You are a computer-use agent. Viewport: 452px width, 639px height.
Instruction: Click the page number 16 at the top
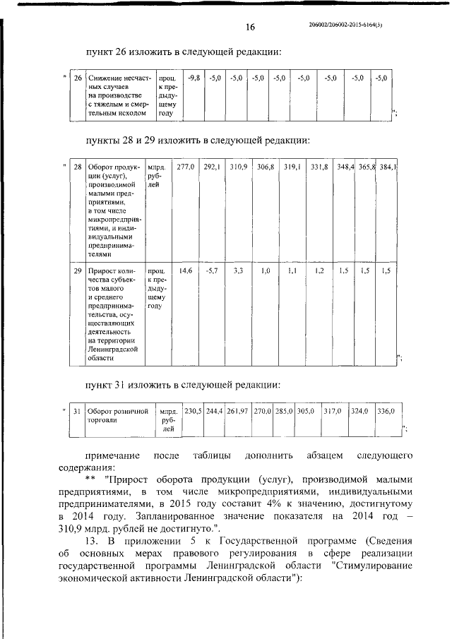click(x=249, y=27)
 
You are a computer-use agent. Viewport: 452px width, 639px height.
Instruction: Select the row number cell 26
click(x=78, y=78)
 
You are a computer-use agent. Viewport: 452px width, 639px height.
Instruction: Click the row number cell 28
click(x=78, y=167)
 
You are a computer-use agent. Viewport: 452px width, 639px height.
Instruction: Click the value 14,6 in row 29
click(x=185, y=270)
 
